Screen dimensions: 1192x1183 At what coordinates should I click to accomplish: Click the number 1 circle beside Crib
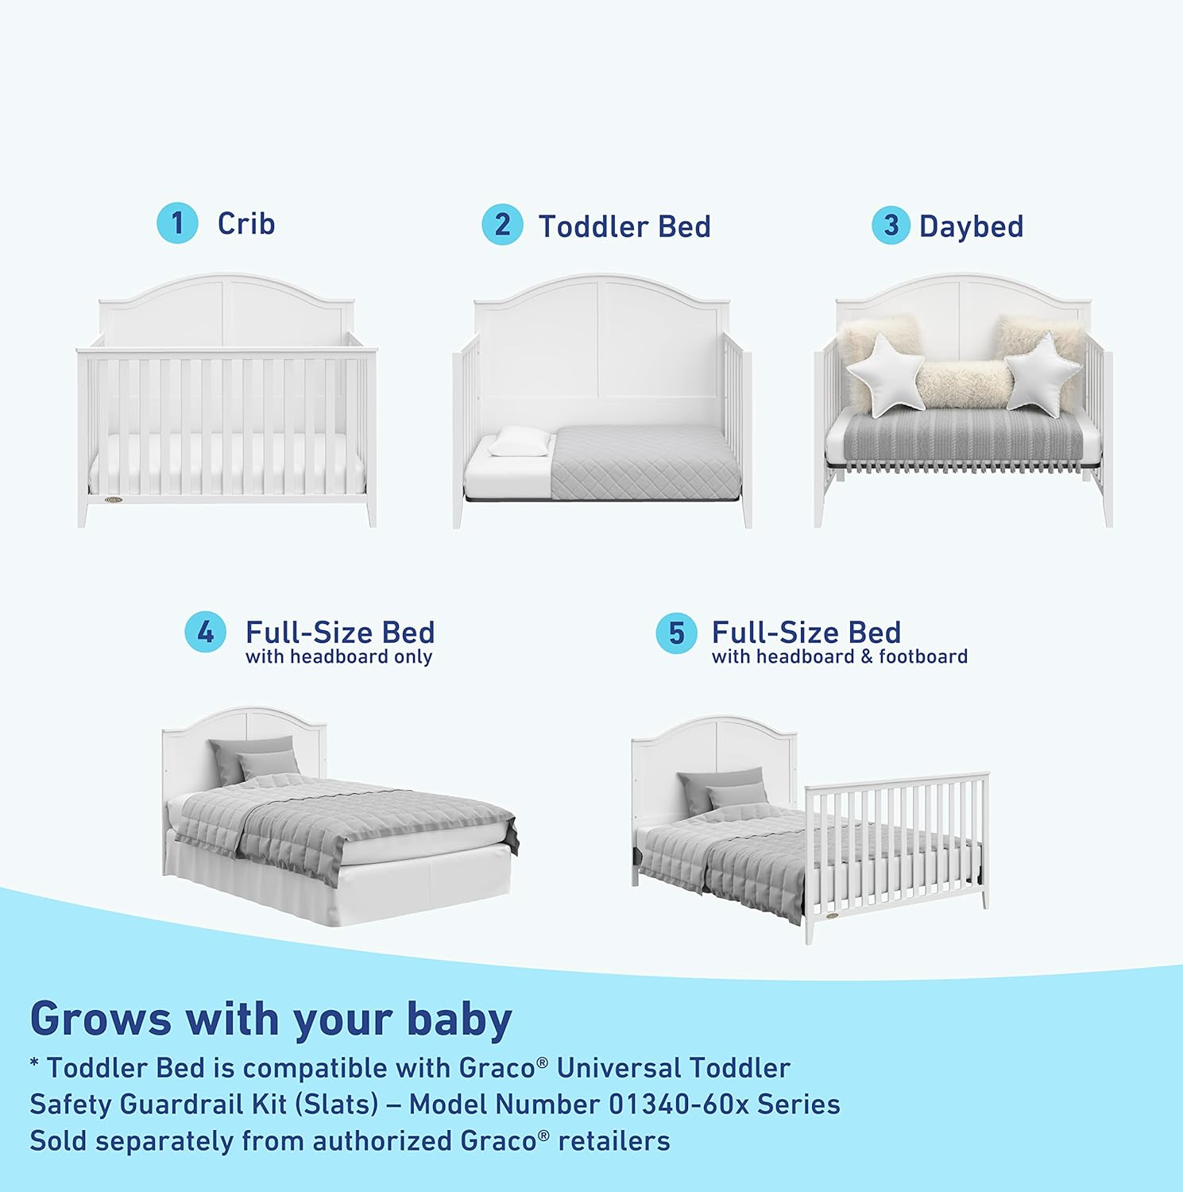click(177, 223)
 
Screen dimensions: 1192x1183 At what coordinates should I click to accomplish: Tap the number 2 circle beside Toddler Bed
click(502, 225)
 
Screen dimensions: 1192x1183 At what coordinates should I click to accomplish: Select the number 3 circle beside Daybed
click(891, 226)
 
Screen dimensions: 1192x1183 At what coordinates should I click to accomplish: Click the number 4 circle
click(206, 633)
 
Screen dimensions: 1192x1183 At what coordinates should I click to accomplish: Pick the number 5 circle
click(676, 633)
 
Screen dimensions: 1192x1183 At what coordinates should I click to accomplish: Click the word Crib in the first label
click(246, 223)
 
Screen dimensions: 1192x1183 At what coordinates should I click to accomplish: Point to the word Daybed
click(971, 226)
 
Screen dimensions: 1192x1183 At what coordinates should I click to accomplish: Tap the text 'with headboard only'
click(338, 657)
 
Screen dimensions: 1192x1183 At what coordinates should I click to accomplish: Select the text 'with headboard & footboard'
click(839, 657)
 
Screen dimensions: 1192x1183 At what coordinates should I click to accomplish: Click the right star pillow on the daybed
click(1042, 371)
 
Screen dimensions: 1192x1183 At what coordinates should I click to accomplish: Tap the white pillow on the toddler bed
click(520, 442)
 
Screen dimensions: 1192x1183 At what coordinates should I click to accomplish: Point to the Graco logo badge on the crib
click(114, 501)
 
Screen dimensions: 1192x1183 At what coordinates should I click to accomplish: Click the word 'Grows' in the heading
click(100, 1019)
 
